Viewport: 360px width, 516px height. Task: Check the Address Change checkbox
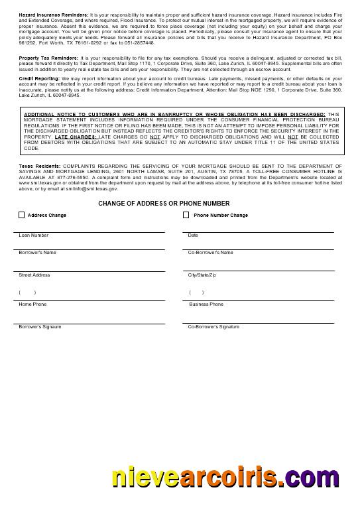pyautogui.click(x=22, y=215)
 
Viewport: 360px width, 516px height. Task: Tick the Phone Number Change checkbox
pyautogui.click(x=186, y=215)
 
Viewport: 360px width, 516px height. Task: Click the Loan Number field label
pyautogui.click(x=33, y=235)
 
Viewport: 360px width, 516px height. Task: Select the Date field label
pyautogui.click(x=193, y=235)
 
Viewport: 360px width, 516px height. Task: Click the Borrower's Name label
pyautogui.click(x=37, y=253)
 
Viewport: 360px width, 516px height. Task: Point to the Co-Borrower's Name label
pyautogui.click(x=210, y=253)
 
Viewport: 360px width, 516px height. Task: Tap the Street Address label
pyautogui.click(x=34, y=275)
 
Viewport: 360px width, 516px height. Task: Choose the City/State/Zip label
pyautogui.click(x=202, y=275)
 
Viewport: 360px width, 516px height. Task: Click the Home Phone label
pyautogui.click(x=32, y=304)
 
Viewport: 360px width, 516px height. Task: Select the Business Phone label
pyautogui.click(x=206, y=304)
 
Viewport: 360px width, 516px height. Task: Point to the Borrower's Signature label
pyautogui.click(x=40, y=327)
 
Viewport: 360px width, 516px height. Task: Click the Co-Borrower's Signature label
pyautogui.click(x=213, y=327)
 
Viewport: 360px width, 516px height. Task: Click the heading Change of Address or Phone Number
pyautogui.click(x=164, y=203)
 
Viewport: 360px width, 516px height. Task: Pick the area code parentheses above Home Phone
pyautogui.click(x=27, y=292)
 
